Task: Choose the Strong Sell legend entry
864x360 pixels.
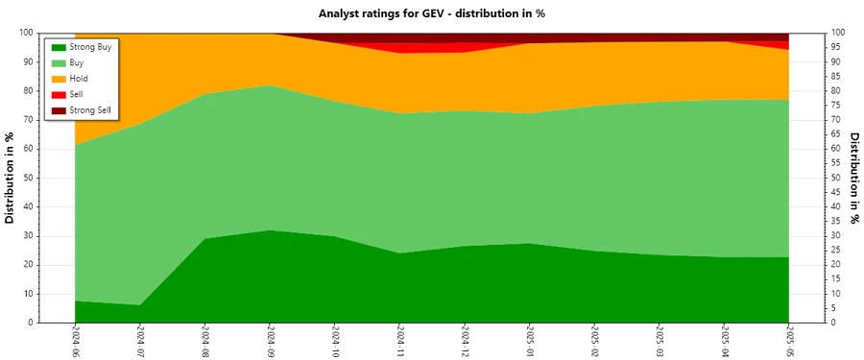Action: point(90,110)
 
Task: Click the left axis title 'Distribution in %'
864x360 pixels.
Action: point(12,178)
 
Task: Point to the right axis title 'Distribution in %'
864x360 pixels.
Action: point(852,178)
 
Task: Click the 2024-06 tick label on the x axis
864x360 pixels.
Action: point(75,341)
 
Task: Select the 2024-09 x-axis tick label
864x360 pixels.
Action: point(270,341)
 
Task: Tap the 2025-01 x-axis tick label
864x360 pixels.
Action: point(529,341)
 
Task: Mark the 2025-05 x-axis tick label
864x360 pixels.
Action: point(789,341)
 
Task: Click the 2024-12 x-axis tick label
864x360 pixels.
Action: point(465,341)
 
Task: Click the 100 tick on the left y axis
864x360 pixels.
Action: point(27,33)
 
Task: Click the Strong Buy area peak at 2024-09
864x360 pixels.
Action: point(270,230)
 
